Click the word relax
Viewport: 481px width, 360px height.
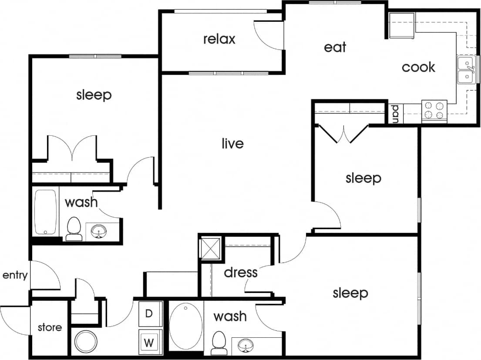click(219, 39)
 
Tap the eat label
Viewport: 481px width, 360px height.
click(335, 47)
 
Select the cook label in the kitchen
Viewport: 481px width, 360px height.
click(418, 67)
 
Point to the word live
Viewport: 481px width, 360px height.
click(232, 143)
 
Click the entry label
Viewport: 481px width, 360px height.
click(15, 275)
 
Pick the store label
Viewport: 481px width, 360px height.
click(49, 327)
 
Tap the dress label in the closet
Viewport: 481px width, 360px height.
click(241, 273)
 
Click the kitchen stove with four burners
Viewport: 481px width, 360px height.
click(434, 111)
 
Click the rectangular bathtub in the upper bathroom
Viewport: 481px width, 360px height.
click(46, 212)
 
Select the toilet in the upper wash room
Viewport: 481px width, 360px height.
click(74, 228)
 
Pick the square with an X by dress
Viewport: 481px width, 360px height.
click(210, 248)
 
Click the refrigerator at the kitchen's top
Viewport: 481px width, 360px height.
click(402, 25)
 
